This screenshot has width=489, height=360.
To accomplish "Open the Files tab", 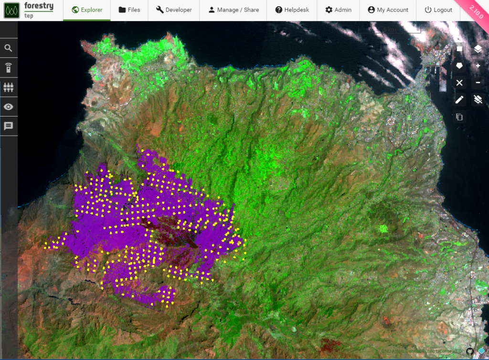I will (x=129, y=10).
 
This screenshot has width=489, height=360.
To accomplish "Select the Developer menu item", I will (x=174, y=10).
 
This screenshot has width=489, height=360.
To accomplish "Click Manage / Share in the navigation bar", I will (x=234, y=10).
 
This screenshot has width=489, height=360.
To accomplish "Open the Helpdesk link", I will (x=292, y=10).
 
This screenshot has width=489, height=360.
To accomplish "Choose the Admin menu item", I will (x=338, y=10).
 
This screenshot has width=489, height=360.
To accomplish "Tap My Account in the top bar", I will (x=388, y=10).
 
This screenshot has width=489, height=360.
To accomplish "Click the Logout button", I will (x=438, y=10).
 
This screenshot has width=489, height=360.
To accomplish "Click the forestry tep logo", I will (x=29, y=10).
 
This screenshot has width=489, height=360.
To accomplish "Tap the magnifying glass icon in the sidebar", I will (x=9, y=48).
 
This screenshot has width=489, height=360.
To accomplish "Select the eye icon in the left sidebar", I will (x=9, y=106).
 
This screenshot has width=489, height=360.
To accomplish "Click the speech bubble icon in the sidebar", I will (x=9, y=126).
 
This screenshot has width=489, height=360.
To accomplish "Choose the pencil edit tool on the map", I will (x=459, y=99).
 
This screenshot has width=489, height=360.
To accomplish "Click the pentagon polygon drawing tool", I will (x=459, y=65).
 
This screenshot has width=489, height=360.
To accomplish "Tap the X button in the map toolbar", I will (x=459, y=83).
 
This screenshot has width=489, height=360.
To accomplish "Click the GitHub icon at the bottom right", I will (x=469, y=352).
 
